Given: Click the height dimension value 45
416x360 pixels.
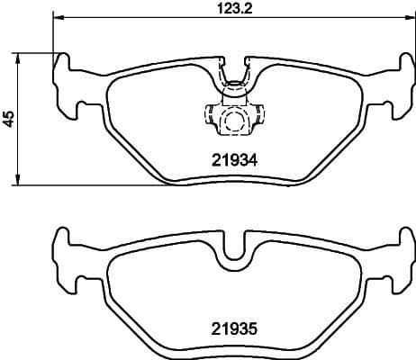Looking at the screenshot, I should (8, 118).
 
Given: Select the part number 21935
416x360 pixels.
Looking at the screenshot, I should (233, 330).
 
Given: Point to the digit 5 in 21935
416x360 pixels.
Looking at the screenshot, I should (254, 330).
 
